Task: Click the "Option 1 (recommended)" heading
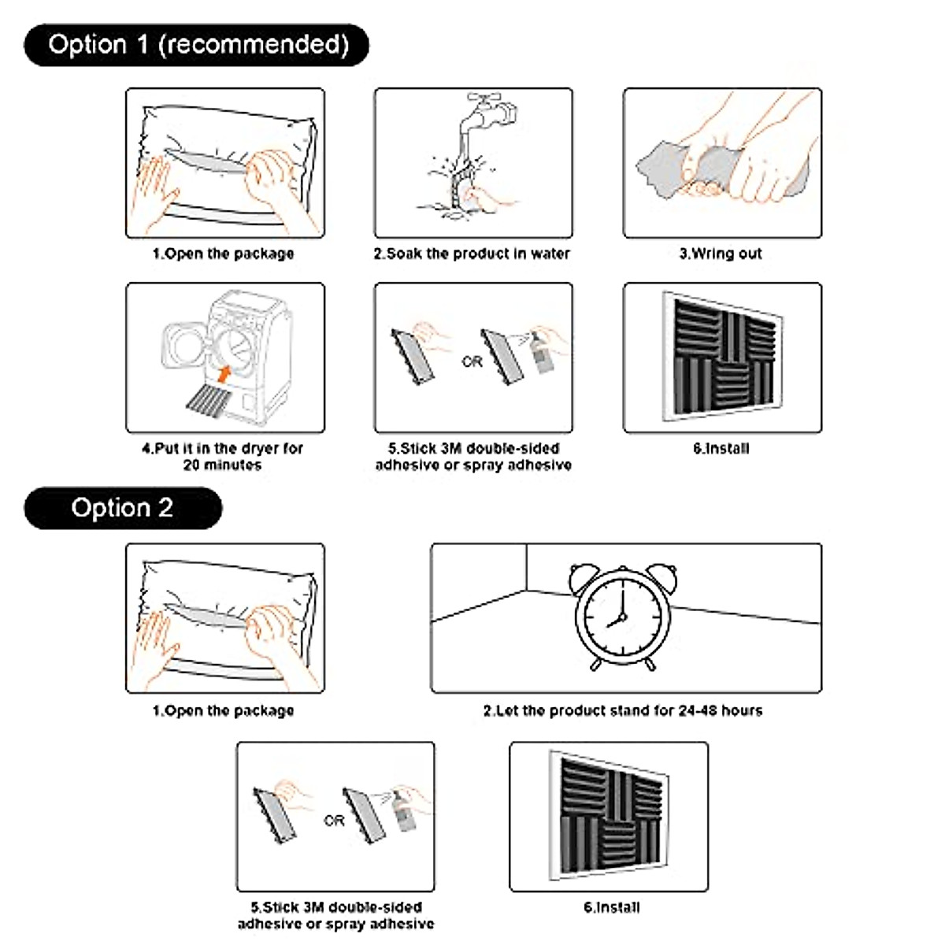coord(197,45)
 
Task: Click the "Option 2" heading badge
coord(123,508)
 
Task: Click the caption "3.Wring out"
coord(721,254)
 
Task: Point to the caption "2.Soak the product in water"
coord(472,254)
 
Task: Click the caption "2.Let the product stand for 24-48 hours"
coord(623,710)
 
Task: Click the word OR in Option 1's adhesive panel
coord(472,362)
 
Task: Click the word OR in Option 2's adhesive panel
coord(334,821)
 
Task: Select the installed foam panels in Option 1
coord(721,358)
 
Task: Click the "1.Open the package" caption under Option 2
coord(224,710)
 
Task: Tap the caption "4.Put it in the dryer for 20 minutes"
coord(223,457)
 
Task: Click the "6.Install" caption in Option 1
coord(721,448)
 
